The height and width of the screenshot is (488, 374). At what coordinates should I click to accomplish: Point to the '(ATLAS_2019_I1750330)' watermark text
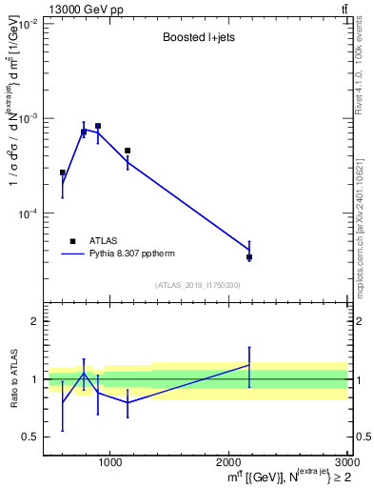pos(198,285)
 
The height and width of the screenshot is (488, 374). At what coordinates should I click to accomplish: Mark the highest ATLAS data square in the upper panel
pos(98,126)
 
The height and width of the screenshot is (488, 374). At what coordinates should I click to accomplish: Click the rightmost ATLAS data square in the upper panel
pos(249,257)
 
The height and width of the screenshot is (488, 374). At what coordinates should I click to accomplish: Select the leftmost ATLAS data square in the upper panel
pos(63,173)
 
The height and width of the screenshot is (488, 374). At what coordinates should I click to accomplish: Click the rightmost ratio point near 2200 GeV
pos(249,365)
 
